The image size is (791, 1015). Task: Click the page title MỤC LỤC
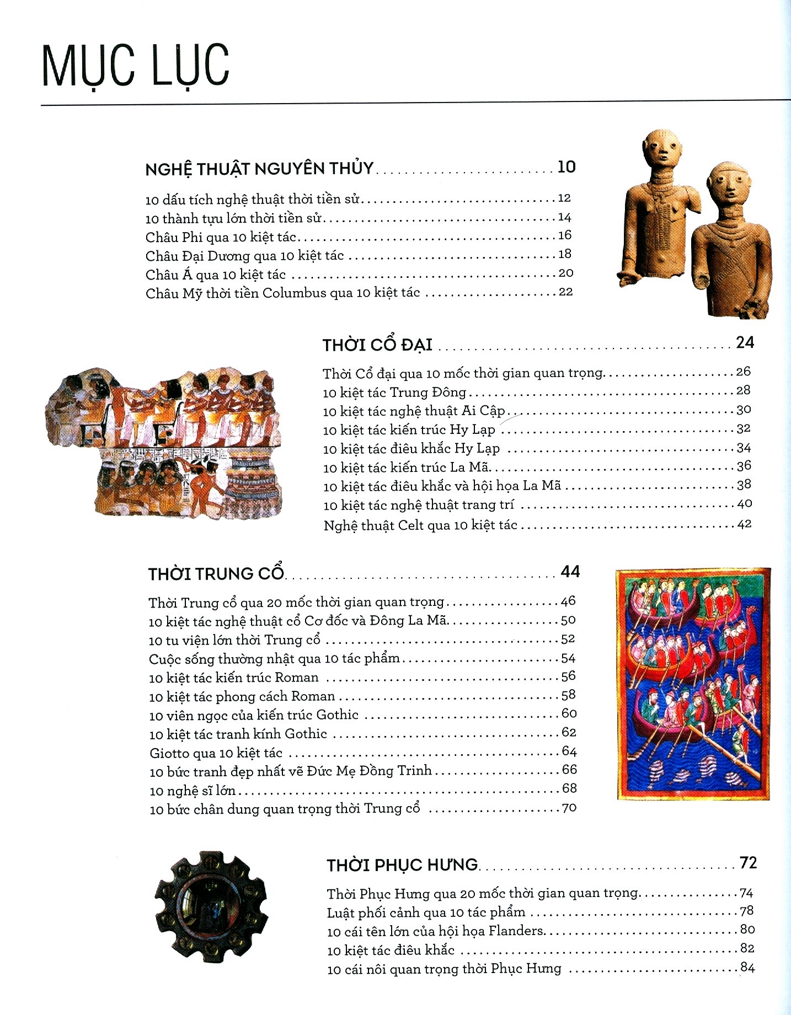tap(135, 66)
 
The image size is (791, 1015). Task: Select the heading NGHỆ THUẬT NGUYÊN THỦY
tap(259, 169)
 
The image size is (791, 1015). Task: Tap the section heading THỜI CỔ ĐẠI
tap(377, 345)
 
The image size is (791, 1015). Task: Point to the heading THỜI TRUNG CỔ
tap(216, 574)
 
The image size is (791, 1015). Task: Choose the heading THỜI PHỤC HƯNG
tap(402, 864)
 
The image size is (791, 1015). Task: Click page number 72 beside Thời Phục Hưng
tap(748, 863)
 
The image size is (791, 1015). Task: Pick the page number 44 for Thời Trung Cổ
tap(570, 572)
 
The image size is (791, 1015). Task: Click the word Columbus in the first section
tap(294, 293)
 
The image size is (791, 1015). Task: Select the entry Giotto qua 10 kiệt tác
tap(216, 753)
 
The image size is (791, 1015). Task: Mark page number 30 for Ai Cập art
tap(744, 410)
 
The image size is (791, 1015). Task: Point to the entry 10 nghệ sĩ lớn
tap(193, 791)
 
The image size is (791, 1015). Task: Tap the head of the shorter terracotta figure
tap(729, 185)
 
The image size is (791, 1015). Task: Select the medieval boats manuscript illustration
tap(693, 684)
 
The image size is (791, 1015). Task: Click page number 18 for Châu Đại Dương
tap(564, 254)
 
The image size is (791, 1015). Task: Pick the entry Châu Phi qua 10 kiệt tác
tap(221, 238)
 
